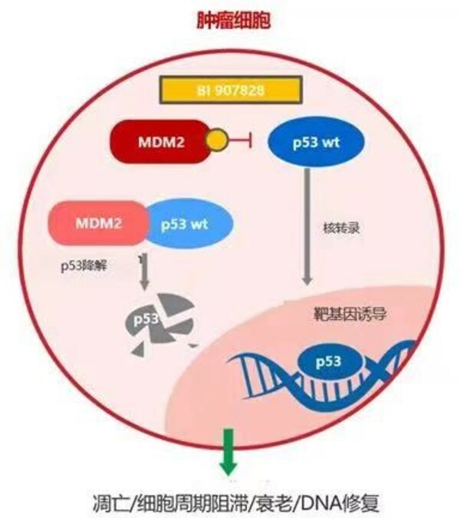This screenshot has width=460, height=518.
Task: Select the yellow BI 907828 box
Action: [x=229, y=91]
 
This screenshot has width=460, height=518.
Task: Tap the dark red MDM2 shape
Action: [x=158, y=140]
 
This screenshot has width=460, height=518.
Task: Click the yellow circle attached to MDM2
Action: [x=217, y=140]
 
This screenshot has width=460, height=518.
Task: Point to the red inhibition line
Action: [x=242, y=140]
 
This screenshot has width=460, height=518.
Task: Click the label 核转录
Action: [x=337, y=228]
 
